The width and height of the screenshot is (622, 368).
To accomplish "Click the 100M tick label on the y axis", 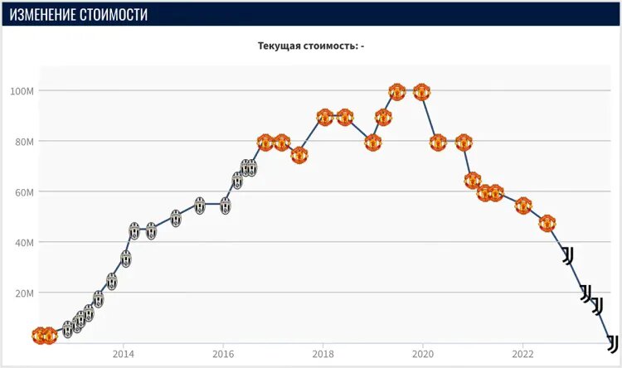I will [x=22, y=90].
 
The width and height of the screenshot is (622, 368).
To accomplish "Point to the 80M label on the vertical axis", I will [x=23, y=141].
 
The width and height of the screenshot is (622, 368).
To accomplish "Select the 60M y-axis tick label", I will [x=23, y=191].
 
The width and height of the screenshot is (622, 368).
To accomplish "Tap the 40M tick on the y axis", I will [x=23, y=242].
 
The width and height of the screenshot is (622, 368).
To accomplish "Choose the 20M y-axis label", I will [x=23, y=293].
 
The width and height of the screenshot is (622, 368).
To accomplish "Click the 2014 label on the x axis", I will [x=123, y=353].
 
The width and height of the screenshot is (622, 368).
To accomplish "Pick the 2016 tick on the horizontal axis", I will [x=222, y=353].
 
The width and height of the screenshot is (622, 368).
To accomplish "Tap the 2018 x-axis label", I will [x=323, y=353].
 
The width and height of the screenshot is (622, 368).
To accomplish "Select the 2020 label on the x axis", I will [x=423, y=353].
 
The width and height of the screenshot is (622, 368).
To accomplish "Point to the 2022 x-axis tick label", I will [x=522, y=353].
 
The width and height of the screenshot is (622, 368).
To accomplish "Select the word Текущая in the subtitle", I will [x=282, y=46].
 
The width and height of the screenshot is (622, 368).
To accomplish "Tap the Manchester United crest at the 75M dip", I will [x=299, y=155].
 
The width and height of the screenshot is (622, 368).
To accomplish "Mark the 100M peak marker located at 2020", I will [x=421, y=91].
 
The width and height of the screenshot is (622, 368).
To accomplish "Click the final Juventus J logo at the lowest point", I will [x=613, y=342].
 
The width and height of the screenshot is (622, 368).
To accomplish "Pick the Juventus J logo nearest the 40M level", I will [x=568, y=255].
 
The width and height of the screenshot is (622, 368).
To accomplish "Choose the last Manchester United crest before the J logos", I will [x=547, y=223].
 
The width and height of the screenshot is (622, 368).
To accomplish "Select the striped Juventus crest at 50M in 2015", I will [x=176, y=218].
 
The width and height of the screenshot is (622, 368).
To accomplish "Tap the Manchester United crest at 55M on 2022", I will [x=522, y=206].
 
